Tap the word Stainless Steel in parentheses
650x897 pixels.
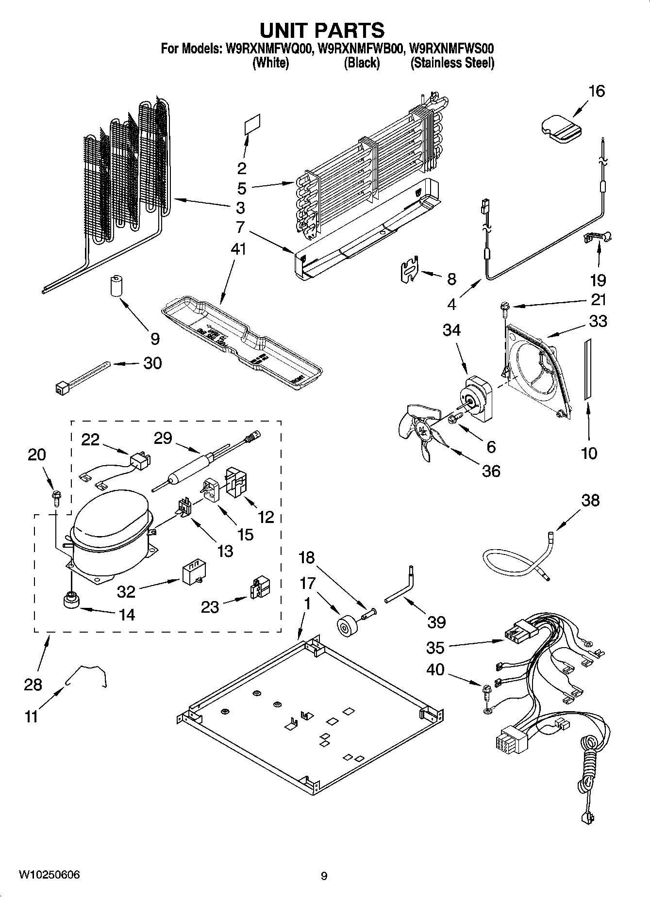coord(452,63)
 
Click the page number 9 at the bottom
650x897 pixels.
coord(324,876)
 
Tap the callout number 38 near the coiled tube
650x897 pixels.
coord(590,500)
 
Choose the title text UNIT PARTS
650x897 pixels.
coord(322,30)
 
